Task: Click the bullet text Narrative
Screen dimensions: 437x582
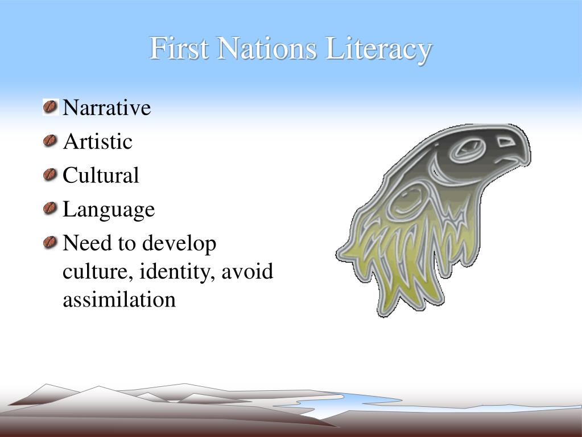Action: [x=106, y=107]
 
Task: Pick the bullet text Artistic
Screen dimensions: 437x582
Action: [x=97, y=141]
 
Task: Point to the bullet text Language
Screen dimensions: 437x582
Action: [x=108, y=210]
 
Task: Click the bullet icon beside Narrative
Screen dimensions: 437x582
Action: [x=51, y=107]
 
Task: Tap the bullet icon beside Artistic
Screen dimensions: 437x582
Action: [x=51, y=141]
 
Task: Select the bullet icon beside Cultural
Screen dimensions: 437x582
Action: [x=51, y=174]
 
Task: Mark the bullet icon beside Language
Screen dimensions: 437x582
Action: [x=51, y=209]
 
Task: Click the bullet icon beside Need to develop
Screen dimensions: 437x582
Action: [x=51, y=243]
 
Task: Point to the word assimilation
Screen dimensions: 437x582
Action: [x=119, y=299]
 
